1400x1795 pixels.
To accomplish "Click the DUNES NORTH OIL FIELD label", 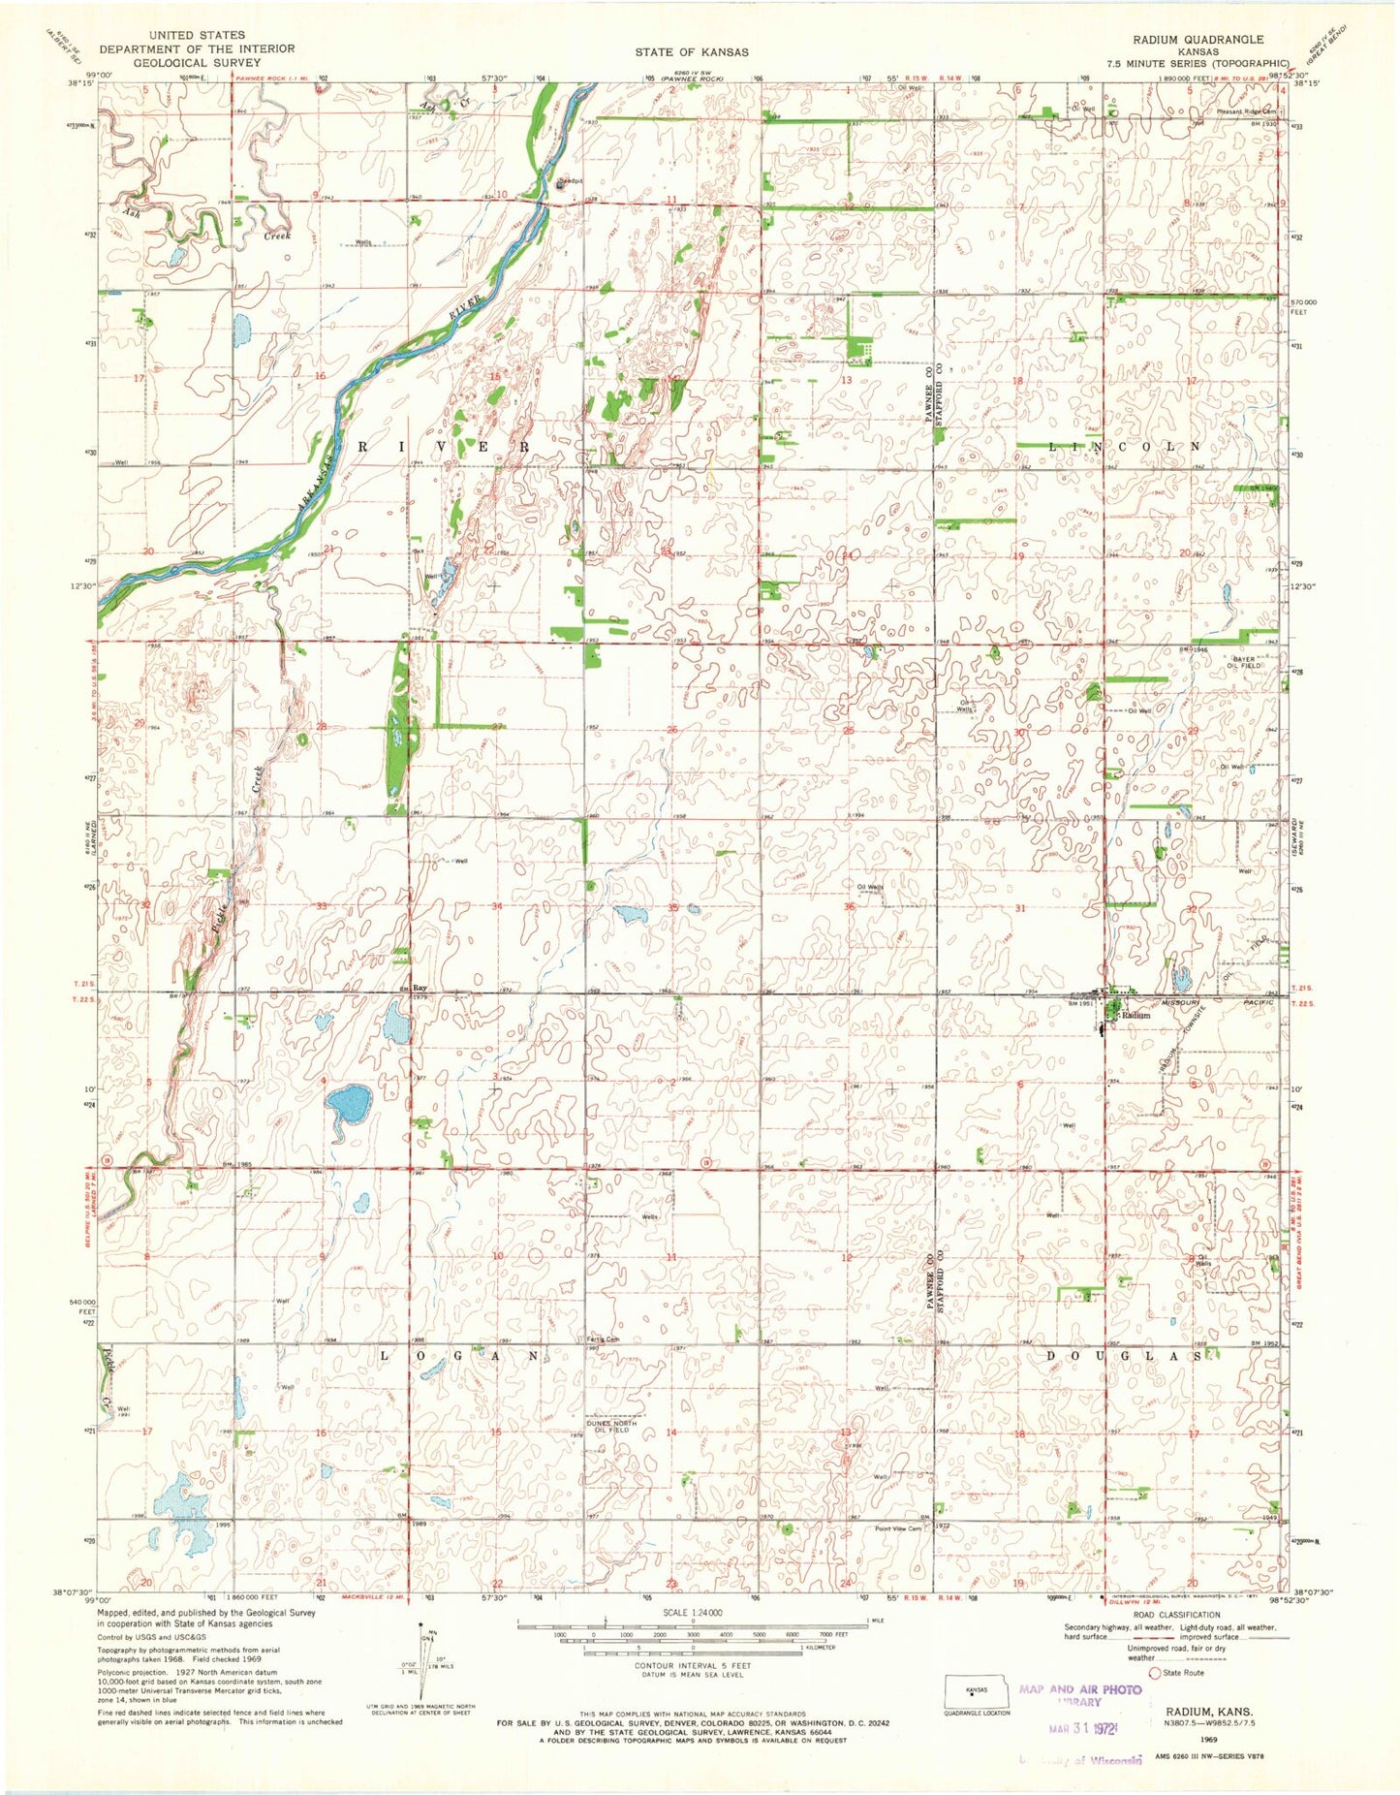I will (612, 1426).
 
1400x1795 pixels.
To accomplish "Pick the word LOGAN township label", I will (467, 1356).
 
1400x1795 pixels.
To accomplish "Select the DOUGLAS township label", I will (1130, 1357).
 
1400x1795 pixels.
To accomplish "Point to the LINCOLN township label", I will (1127, 447).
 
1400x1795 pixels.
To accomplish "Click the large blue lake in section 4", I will (349, 1102).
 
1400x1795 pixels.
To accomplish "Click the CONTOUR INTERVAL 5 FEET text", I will (692, 1665).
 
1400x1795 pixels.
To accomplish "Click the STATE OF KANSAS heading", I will (692, 51).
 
